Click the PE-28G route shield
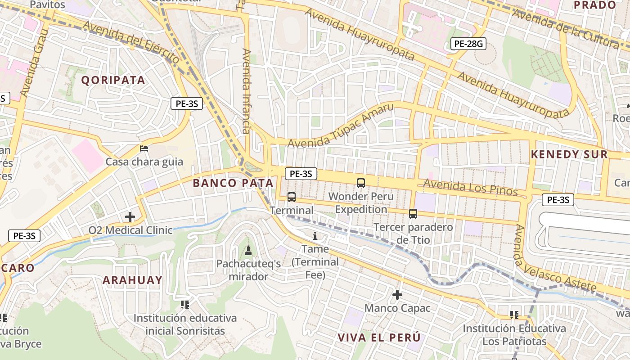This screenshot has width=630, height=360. pos(468,44)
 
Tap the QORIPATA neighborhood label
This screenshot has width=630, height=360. pos(113,80)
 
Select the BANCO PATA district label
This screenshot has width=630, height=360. pos(233,183)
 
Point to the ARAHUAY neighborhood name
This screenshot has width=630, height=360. pos(132,280)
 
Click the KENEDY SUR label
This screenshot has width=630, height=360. pos(569,154)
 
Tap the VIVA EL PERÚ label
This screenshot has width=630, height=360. pos(379,337)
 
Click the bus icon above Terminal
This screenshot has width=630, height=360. pos(292,197)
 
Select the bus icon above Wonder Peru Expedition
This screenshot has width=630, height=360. pos(360,183)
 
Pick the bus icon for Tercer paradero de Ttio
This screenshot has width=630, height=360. pos(413,214)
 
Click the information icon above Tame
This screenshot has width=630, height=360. pos(315,235)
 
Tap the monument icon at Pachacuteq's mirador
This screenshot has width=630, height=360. pos(248,250)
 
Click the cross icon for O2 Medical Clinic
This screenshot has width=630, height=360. pos(130,217)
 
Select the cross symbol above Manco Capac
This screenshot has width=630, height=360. pos(397,295)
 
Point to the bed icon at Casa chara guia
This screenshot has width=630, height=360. pos(144,148)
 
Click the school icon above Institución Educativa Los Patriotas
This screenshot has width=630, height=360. pos(514,315)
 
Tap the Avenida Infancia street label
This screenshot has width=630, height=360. pos(246,91)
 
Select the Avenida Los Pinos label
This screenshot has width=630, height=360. pos(470,187)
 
